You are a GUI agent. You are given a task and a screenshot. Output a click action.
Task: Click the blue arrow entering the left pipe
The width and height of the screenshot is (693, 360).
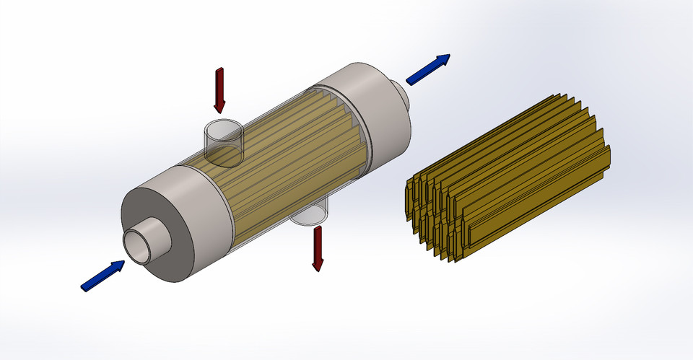coord(103,276)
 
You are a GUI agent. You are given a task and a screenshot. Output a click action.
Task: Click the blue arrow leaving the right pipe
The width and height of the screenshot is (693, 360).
coord(428,69)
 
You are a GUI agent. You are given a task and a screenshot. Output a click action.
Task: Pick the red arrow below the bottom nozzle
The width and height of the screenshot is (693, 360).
coord(316,248)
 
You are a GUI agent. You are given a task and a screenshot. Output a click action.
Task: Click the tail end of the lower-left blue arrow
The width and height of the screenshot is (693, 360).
coord(86,286)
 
